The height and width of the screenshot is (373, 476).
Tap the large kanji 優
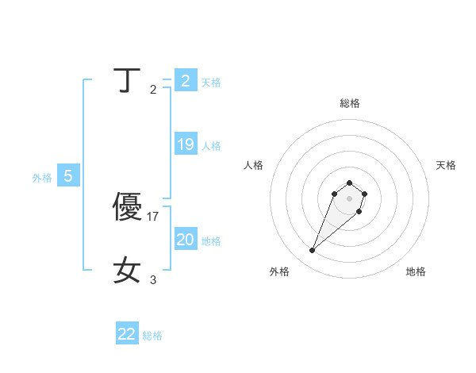pyautogui.click(x=128, y=207)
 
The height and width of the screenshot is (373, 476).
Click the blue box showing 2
pyautogui.click(x=186, y=81)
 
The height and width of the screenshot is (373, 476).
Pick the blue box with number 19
pyautogui.click(x=186, y=144)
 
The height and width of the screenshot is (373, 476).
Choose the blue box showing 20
pyautogui.click(x=186, y=240)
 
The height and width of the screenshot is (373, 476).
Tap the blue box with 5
pyautogui.click(x=68, y=176)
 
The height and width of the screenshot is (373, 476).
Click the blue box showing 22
pyautogui.click(x=127, y=334)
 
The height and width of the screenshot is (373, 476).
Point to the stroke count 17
pyautogui.click(x=154, y=216)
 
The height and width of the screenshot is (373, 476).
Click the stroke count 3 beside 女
pyautogui.click(x=153, y=279)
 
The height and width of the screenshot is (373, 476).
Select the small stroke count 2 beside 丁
pyautogui.click(x=153, y=89)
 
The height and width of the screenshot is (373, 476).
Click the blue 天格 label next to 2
pyautogui.click(x=211, y=82)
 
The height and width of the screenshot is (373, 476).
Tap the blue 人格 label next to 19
pyautogui.click(x=211, y=145)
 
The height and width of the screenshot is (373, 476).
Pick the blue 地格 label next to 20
pyautogui.click(x=211, y=240)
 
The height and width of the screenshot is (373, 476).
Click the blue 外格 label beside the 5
pyautogui.click(x=42, y=178)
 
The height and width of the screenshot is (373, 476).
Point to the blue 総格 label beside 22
pyautogui.click(x=152, y=335)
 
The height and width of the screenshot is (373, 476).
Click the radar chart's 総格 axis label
pyautogui.click(x=349, y=103)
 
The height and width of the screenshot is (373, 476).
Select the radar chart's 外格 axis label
pyautogui.click(x=279, y=271)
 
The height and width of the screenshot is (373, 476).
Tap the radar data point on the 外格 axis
pyautogui.click(x=313, y=251)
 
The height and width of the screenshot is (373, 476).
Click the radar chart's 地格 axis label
pyautogui.click(x=416, y=271)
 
